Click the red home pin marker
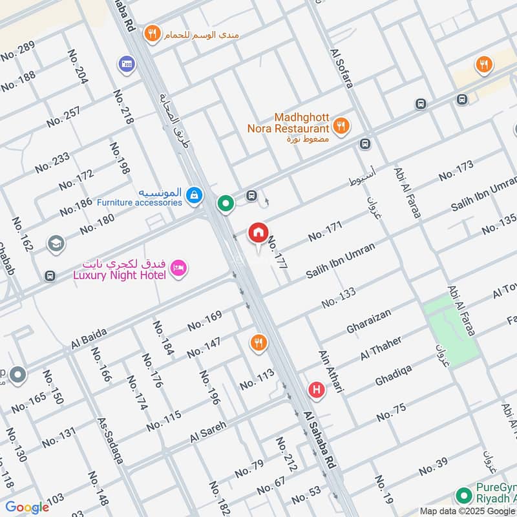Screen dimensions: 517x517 coord(258,233)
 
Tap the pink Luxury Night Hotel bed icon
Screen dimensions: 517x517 coord(179,267)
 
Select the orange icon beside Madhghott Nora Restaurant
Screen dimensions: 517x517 coord(343,125)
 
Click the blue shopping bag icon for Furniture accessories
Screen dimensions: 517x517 coord(193,194)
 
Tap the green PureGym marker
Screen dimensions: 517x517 coord(463,496)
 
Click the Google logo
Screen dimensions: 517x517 coord(27,507)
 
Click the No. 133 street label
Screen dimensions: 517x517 coord(338,298)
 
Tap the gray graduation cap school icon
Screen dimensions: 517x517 coord(56,244)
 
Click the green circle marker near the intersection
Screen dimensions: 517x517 coord(226,204)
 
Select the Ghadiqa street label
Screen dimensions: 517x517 coord(395,374)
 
